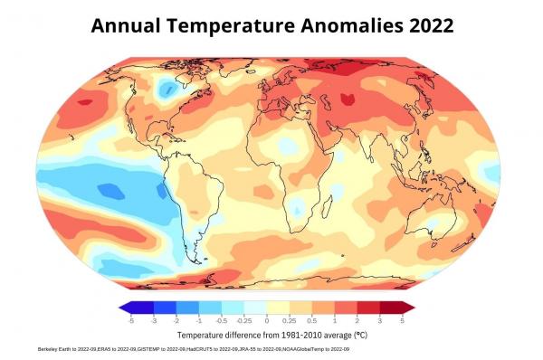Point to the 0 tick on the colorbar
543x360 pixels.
(267, 320)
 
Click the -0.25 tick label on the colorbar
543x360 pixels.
(244, 320)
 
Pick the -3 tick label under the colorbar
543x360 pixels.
(154, 320)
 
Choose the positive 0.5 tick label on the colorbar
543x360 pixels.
(312, 320)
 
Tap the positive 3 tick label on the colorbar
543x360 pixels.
(380, 320)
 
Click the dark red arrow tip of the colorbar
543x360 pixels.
(409, 308)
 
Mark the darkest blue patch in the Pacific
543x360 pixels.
(110, 190)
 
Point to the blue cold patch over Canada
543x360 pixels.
(166, 88)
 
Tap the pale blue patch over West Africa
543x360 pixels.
(286, 145)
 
